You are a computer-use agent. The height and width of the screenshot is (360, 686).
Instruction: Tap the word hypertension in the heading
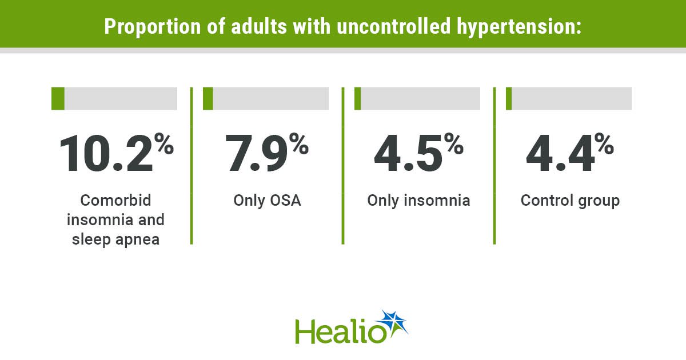[x=519, y=27]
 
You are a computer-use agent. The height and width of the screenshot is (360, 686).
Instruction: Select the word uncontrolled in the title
[x=393, y=26]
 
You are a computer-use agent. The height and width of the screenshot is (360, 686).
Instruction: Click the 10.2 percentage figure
[x=117, y=153]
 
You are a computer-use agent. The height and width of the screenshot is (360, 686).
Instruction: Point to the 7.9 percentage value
[x=267, y=153]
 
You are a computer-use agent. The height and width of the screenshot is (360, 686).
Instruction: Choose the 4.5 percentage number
[x=418, y=153]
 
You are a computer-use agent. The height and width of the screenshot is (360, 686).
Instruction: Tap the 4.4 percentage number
[x=570, y=153]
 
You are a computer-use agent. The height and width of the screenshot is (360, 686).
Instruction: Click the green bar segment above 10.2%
[x=58, y=98]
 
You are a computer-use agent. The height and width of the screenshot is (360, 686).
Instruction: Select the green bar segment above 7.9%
[x=208, y=98]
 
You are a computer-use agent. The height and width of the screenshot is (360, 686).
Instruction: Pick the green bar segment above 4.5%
[x=357, y=98]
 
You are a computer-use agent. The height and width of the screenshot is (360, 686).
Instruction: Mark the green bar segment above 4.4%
[x=509, y=98]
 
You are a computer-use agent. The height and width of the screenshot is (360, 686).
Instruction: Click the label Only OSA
[x=267, y=201]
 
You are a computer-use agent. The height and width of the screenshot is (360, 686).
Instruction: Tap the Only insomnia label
[x=418, y=201]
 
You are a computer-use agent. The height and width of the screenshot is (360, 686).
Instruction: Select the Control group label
[x=571, y=201]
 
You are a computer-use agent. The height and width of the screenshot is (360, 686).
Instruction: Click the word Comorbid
[x=115, y=201]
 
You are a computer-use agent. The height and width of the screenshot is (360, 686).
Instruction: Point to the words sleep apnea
[x=115, y=240]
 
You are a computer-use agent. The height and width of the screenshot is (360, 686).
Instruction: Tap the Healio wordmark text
[x=341, y=331]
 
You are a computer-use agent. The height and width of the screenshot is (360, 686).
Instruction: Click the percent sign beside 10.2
[x=164, y=143]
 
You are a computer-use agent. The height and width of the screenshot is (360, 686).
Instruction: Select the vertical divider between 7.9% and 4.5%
[x=343, y=166]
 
